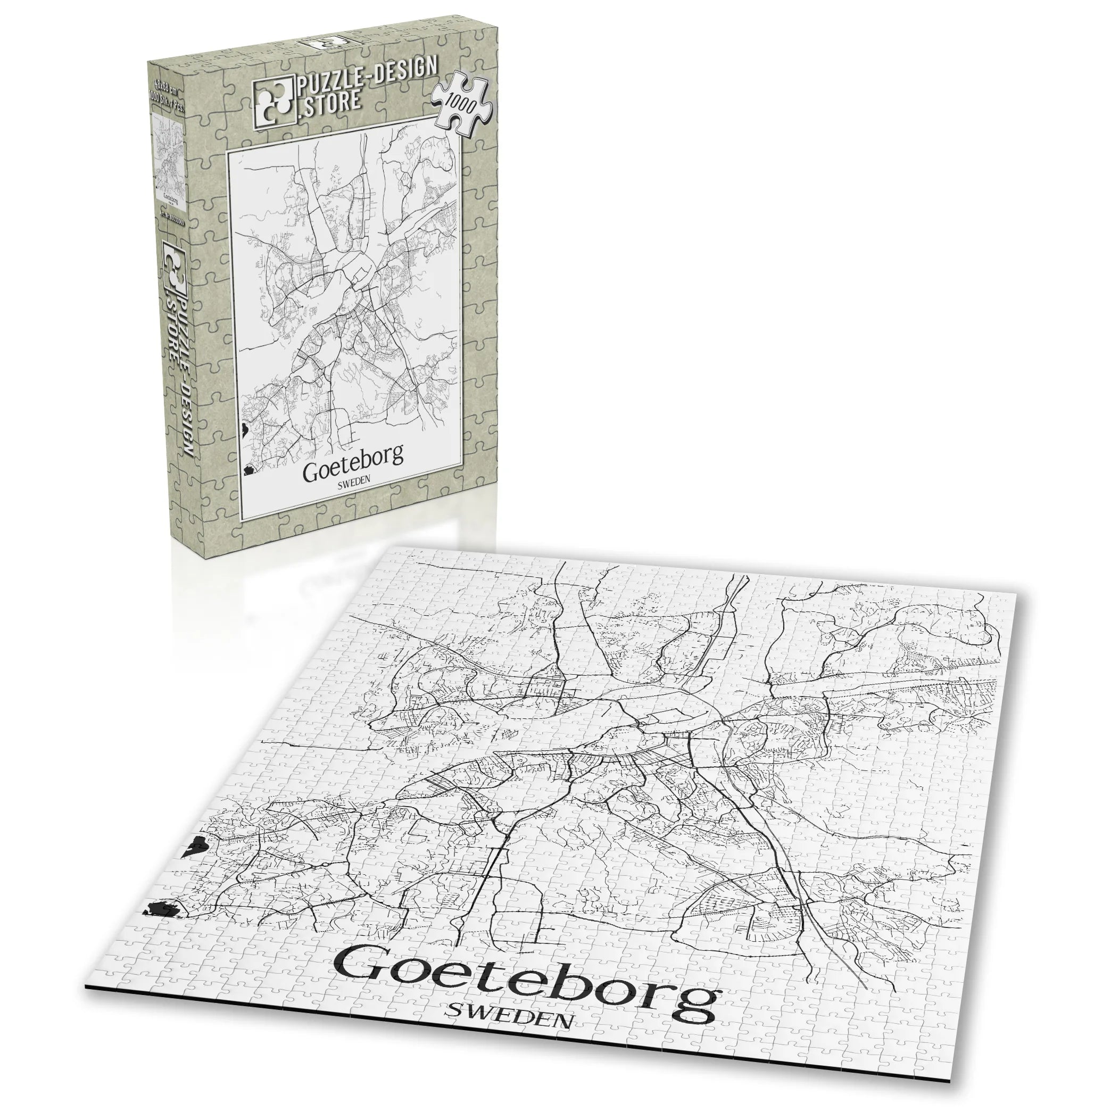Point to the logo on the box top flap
tap(322, 44)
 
